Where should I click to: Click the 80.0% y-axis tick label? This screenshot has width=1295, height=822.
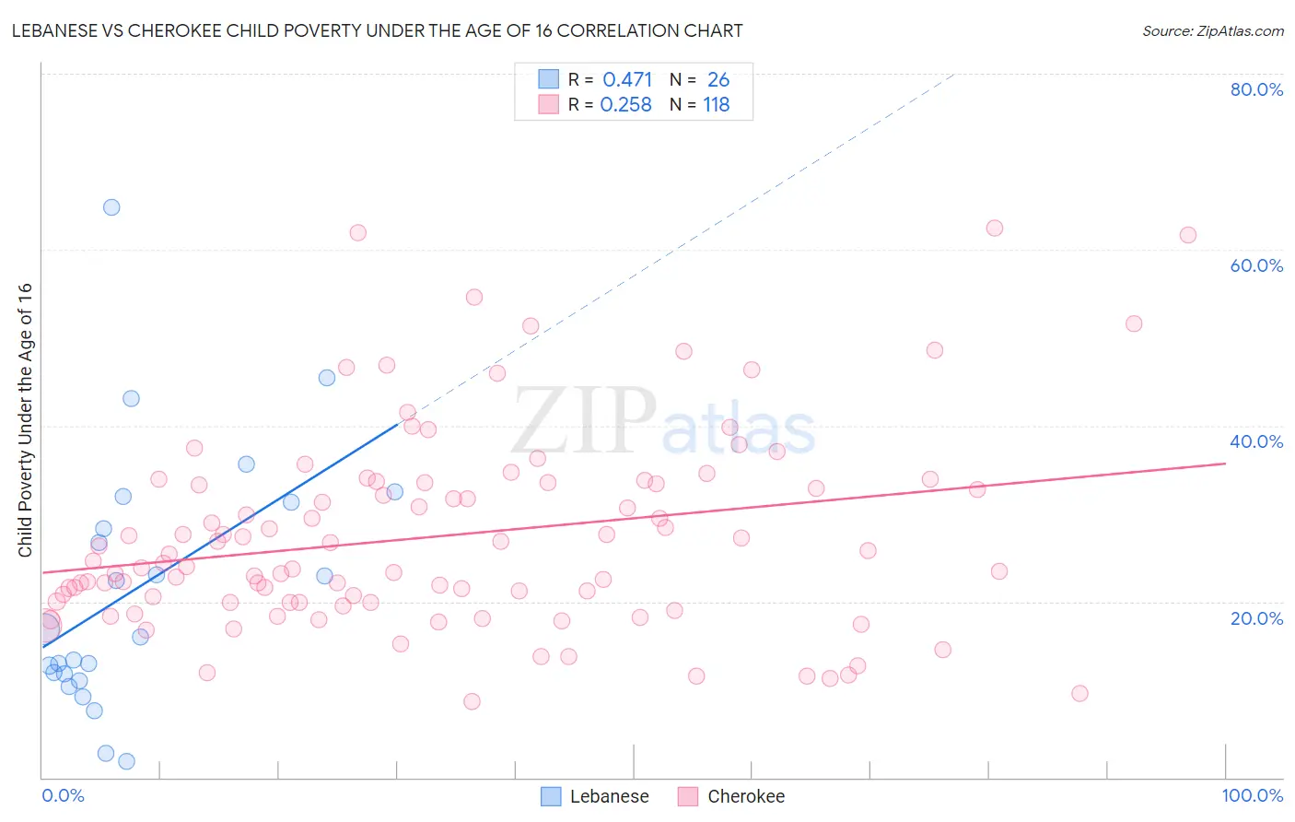1256,89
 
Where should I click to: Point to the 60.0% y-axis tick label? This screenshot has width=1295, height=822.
1256,265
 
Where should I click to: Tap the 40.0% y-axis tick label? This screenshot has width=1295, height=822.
1256,441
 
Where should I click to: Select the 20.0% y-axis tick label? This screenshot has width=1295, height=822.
1256,618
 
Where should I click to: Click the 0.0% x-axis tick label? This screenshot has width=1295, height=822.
63,795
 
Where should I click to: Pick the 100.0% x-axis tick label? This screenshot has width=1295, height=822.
1252,795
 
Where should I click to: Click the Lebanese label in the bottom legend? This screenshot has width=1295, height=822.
609,796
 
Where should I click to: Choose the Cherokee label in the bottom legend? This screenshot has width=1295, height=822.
746,796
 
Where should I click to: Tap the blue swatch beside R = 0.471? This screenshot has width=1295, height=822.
549,79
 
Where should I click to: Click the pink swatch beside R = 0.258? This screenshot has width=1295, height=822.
549,104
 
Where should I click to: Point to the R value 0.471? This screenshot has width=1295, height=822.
627,79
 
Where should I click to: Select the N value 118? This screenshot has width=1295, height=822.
717,104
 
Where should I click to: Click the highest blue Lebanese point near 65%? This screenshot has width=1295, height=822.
111,207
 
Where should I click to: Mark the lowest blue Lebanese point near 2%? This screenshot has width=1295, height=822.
127,761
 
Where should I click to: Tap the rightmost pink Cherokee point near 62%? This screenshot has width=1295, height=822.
1188,235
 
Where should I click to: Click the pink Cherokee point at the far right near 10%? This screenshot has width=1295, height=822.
1080,693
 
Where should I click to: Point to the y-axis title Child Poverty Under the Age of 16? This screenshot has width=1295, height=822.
25,419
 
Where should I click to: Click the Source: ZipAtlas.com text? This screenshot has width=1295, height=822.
1212,31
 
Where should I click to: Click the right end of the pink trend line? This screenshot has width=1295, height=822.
1225,464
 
